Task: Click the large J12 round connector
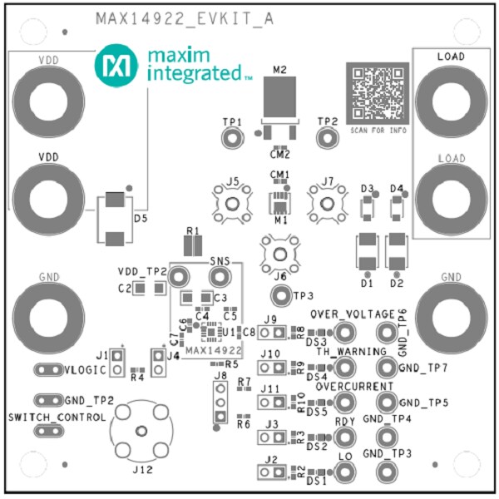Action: tap(141, 430)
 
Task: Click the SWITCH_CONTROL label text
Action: tap(56, 417)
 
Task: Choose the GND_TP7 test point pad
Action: tap(385, 367)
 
